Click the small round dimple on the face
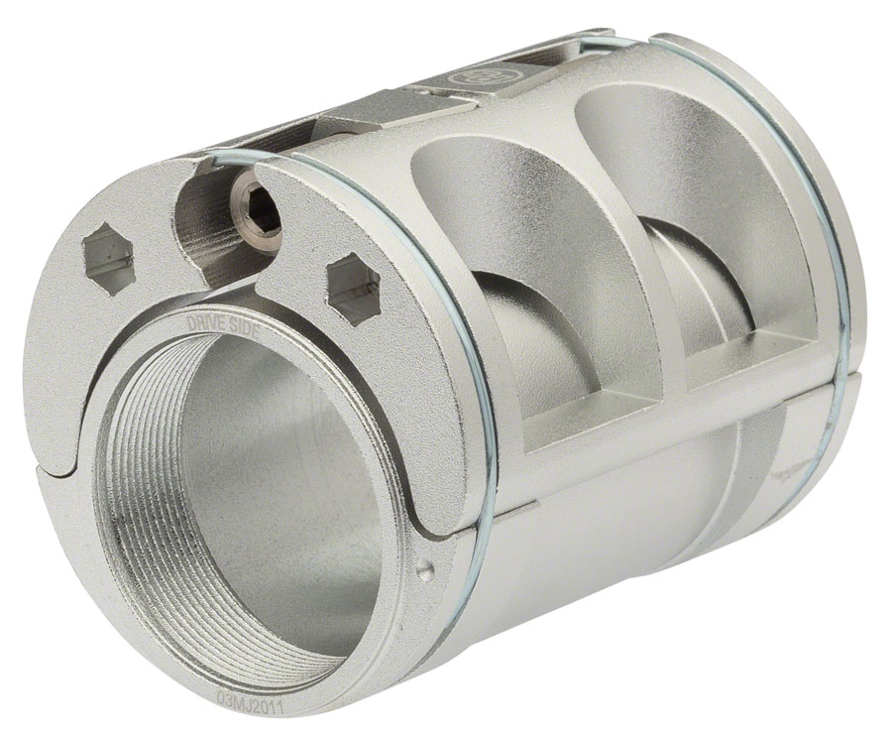click(x=426, y=570)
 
